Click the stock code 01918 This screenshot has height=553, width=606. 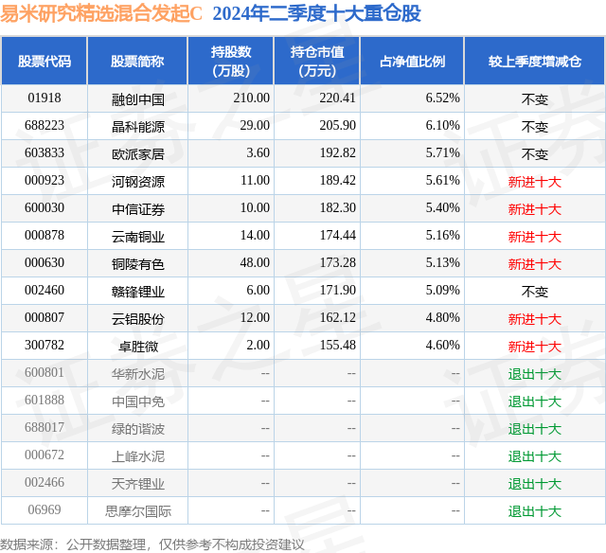(45, 98)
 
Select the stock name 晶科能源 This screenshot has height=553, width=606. (138, 126)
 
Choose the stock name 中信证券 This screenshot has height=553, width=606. (138, 208)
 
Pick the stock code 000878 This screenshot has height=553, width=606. (45, 236)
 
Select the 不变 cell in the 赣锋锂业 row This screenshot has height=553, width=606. (535, 292)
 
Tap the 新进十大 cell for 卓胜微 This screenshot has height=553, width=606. (535, 347)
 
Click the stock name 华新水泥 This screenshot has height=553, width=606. (138, 374)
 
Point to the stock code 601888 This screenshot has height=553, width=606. (45, 401)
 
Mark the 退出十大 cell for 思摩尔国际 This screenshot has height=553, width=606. (535, 512)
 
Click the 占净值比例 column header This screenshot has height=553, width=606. (413, 62)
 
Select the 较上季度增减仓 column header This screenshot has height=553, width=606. (535, 62)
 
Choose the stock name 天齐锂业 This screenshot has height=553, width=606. (138, 484)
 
